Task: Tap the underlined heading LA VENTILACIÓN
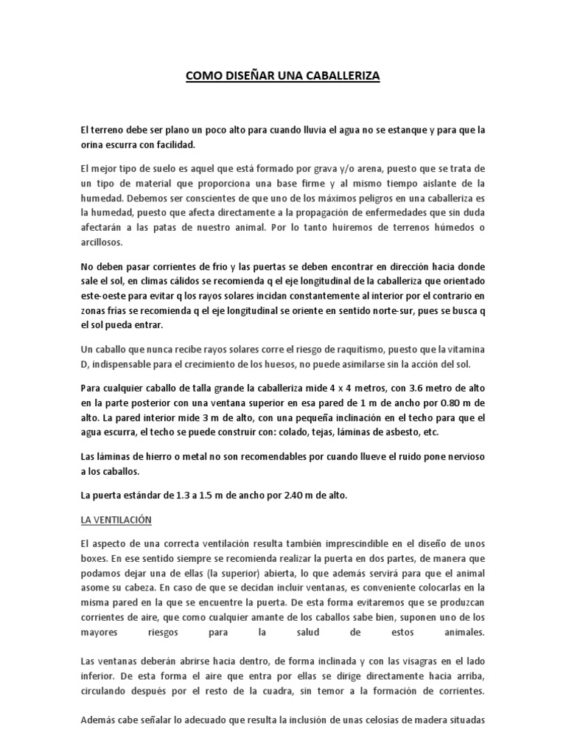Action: pyautogui.click(x=116, y=520)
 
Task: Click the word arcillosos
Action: pyautogui.click(x=103, y=242)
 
